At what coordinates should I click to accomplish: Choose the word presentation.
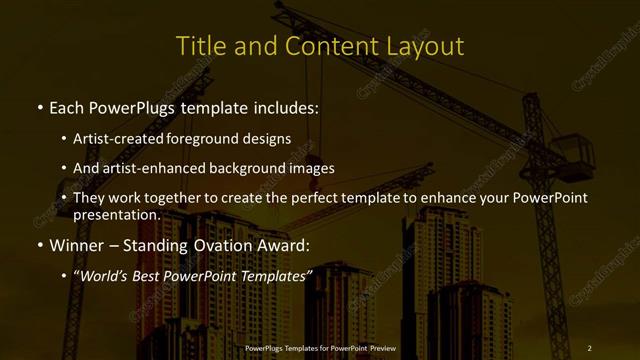click(116, 214)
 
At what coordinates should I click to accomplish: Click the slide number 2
click(589, 347)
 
